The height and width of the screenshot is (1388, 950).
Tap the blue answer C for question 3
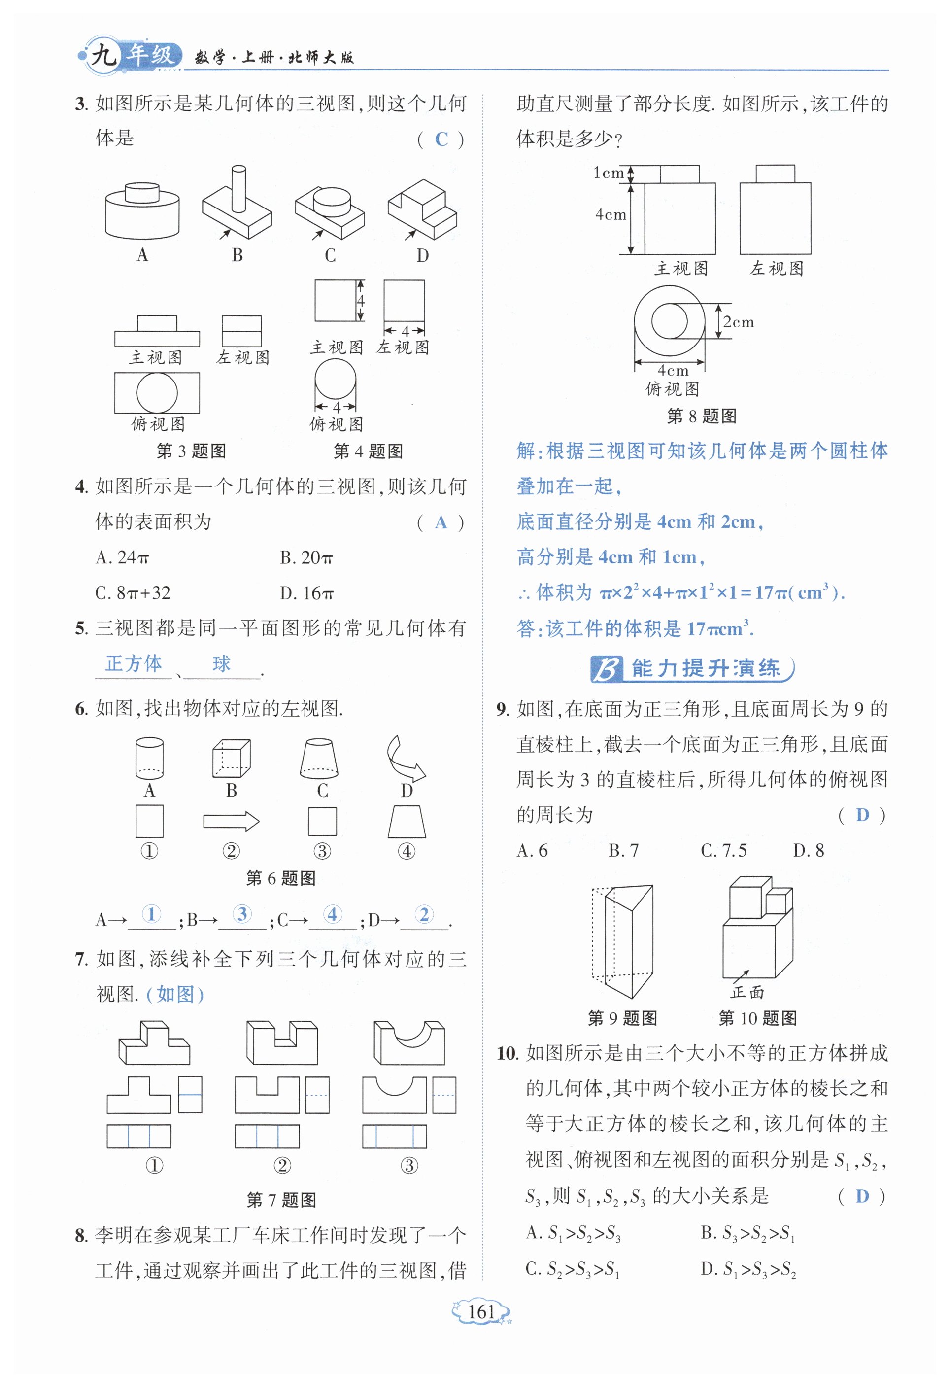click(441, 139)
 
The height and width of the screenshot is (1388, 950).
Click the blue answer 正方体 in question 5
click(134, 663)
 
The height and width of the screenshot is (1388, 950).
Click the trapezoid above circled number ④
click(407, 822)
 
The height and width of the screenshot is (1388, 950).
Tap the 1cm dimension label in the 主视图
click(608, 173)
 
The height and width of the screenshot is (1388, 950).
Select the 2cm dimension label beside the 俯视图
click(738, 322)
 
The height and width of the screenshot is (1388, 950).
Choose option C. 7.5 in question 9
click(723, 850)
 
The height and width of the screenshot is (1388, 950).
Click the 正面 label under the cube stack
click(747, 992)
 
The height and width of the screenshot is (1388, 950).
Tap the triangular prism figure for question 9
click(623, 940)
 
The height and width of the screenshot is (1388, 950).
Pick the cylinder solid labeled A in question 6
click(149, 758)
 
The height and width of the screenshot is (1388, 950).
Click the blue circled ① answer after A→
click(151, 914)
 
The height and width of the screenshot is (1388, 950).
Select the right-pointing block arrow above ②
click(231, 822)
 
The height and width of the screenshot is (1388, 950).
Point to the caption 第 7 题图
click(281, 1199)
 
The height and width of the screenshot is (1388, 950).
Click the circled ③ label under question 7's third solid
click(409, 1165)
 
